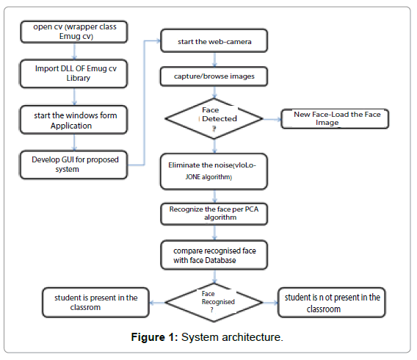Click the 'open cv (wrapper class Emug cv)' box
74,32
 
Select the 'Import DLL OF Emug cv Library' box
73,73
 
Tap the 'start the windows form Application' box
73,120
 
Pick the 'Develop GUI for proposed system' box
73,165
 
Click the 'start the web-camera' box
214,40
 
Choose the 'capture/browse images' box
214,76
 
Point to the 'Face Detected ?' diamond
214,119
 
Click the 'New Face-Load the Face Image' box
335,119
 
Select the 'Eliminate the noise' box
214,171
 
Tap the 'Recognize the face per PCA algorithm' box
214,214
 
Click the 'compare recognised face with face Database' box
214,255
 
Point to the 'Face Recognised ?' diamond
214,303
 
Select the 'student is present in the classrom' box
95,303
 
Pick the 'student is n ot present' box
332,303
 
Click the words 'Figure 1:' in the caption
154,337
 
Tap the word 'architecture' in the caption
251,337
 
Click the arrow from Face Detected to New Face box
272,119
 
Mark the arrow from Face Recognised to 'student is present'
157,303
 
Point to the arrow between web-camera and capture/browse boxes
214,60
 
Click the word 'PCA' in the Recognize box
251,209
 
